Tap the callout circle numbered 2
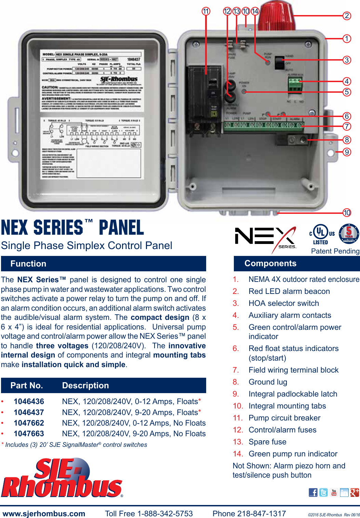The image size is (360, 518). [x=347, y=16]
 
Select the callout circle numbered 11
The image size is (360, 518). [x=206, y=11]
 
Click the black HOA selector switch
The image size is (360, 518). [x=279, y=63]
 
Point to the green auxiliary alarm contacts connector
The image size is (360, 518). [x=295, y=85]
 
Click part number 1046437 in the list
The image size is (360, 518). [x=29, y=412]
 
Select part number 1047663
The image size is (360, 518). [x=29, y=433]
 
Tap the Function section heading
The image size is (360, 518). [x=28, y=264]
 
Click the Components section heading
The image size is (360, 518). [x=270, y=263]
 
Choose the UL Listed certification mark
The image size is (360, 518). [x=321, y=234]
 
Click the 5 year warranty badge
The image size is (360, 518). [x=349, y=234]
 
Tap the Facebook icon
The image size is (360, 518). [x=313, y=492]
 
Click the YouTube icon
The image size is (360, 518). [x=334, y=492]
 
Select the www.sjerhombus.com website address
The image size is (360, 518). [x=44, y=514]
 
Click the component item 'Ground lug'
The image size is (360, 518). [x=268, y=382]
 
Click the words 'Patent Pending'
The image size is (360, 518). [x=335, y=251]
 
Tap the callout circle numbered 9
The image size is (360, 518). [x=347, y=152]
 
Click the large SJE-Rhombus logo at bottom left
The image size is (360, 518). [x=62, y=478]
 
